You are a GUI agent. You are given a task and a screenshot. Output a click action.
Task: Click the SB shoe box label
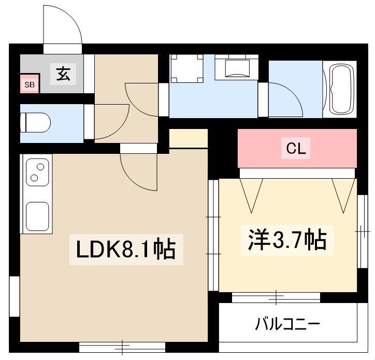pyautogui.click(x=30, y=84)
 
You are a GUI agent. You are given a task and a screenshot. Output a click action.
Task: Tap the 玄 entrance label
pyautogui.click(x=63, y=74)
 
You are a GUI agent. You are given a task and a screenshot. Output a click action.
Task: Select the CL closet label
pyautogui.click(x=296, y=148)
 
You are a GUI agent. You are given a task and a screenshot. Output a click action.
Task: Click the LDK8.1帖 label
pyautogui.click(x=126, y=250)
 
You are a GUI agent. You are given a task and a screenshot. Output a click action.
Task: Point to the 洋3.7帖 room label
pyautogui.click(x=287, y=240)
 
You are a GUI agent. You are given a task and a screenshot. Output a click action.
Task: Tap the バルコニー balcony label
pyautogui.click(x=287, y=324)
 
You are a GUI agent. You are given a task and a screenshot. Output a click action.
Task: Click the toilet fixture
pyautogui.click(x=35, y=123)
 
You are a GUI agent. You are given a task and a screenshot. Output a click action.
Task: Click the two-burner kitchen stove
pyautogui.click(x=37, y=172)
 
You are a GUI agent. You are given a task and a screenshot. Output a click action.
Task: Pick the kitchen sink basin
pyautogui.click(x=37, y=217)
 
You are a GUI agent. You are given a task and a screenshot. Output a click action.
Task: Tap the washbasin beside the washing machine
pyautogui.click(x=237, y=67)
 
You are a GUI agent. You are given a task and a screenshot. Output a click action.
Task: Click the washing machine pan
pyautogui.click(x=186, y=68)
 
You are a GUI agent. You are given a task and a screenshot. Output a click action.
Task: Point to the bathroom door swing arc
pyautogui.click(x=294, y=93)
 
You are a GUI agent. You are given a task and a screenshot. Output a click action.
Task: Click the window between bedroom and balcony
pyautogui.click(x=276, y=297)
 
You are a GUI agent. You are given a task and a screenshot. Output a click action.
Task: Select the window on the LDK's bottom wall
pyautogui.click(x=122, y=347)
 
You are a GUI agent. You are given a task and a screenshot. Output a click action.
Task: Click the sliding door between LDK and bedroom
pyautogui.click(x=213, y=235)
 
